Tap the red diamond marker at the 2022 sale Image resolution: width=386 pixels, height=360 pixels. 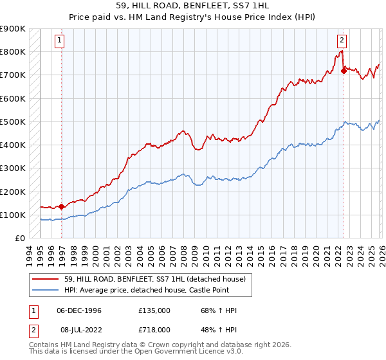tap(344, 71)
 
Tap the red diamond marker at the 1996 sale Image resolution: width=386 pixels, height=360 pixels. tap(62, 206)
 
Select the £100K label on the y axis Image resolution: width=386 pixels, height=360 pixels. tap(13, 215)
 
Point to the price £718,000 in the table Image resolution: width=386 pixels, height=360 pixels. tap(154, 329)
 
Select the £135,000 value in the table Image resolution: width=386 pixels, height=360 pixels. tap(154, 310)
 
